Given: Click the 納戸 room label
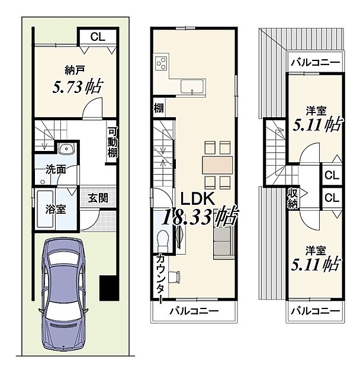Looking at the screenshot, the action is click(75, 70).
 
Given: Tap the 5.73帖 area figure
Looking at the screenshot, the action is click(78, 86).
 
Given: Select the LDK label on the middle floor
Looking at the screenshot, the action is click(198, 198).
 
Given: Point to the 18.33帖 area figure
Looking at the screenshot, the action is click(200, 216).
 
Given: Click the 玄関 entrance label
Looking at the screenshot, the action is click(98, 198).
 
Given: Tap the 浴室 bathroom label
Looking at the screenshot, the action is click(56, 210).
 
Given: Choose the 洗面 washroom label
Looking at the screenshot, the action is click(56, 170).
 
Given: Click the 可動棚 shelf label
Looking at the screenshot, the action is click(112, 143).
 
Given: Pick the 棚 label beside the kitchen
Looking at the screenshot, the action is click(159, 108).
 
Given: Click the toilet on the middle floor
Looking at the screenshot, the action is click(163, 241).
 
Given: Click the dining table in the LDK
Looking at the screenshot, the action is click(217, 165).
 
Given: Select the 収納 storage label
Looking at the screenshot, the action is click(292, 198).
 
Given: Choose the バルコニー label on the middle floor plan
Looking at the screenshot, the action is click(194, 311).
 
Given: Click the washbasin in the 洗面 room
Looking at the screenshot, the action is click(66, 149).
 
